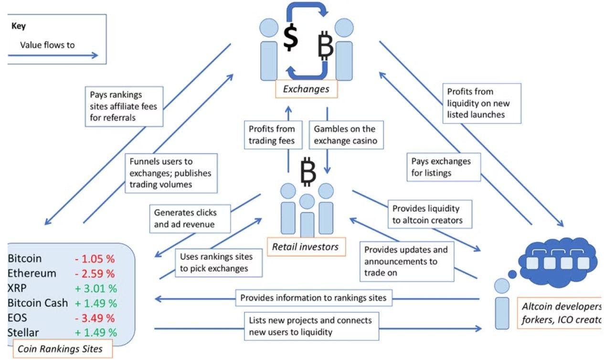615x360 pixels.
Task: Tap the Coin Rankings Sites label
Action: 60,349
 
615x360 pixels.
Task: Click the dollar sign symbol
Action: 291,38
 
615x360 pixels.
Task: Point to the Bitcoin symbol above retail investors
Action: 308,172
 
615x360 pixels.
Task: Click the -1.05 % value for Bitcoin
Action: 95,259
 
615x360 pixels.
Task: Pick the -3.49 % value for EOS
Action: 95,318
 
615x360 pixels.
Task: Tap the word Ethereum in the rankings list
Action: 32,274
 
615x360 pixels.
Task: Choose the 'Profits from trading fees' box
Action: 272,135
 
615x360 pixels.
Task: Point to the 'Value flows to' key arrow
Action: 53,55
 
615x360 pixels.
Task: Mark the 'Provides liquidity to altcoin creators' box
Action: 428,214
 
